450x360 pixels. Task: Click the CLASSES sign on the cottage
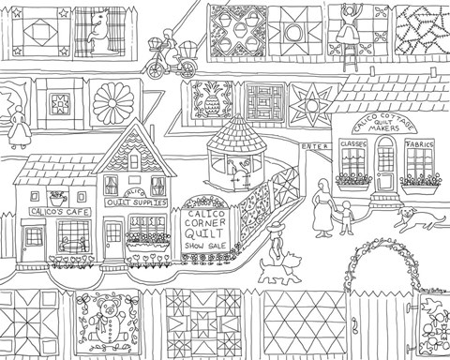pos(353,147)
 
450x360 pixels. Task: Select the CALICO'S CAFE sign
pos(52,211)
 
